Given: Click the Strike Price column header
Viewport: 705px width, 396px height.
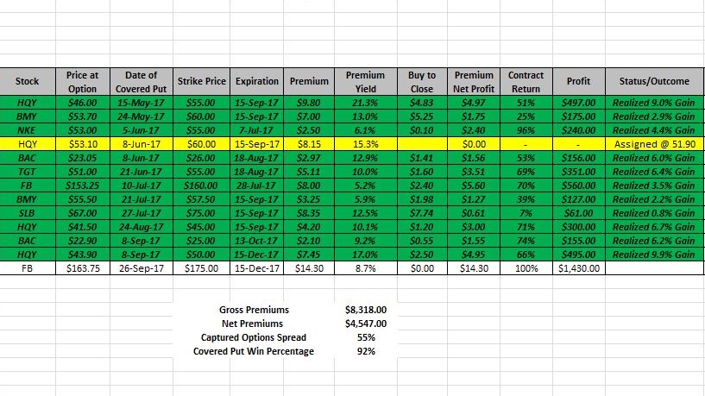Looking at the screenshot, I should (202, 82).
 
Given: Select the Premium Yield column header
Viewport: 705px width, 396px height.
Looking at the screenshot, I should (365, 82).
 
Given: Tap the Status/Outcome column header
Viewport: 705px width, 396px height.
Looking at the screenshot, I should (654, 82).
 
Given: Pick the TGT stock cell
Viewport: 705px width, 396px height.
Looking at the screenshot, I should (27, 171).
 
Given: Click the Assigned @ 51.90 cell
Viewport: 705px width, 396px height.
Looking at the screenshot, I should (654, 143).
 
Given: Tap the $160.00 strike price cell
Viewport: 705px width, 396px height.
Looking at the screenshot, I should (202, 185).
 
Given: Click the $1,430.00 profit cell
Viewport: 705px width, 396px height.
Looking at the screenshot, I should (578, 268).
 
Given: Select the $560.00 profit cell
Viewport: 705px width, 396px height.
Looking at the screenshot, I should (578, 185).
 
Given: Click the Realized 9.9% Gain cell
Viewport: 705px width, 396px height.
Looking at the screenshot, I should (654, 255).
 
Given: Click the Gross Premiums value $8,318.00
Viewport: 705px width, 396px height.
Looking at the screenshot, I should (365, 309).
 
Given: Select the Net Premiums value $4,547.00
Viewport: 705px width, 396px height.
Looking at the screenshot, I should (365, 324).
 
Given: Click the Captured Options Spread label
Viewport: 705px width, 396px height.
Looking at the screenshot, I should (254, 337).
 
